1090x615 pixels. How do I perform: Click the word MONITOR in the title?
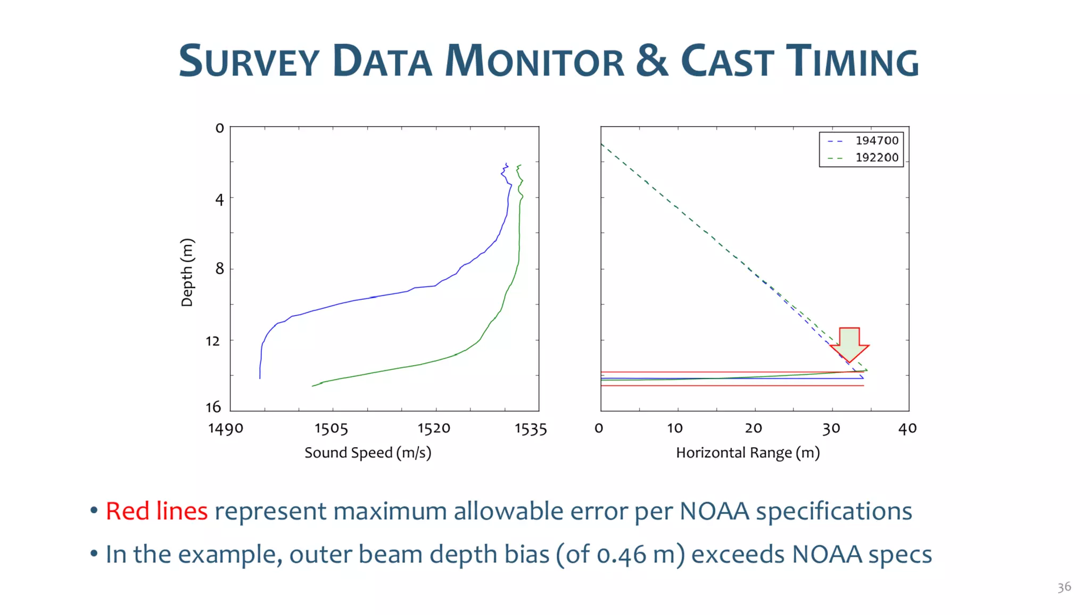(x=534, y=61)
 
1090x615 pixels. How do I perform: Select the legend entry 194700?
(x=877, y=141)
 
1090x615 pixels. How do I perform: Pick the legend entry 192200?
(x=877, y=158)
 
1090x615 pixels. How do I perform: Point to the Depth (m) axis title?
(x=187, y=272)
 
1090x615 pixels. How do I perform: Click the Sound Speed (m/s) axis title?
(x=368, y=453)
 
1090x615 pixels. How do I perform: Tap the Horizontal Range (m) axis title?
(x=748, y=453)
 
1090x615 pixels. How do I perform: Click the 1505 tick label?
(x=331, y=429)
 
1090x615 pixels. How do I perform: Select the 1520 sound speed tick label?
(x=434, y=429)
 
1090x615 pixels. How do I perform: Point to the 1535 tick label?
(x=531, y=429)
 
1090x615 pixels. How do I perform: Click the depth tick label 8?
(x=220, y=268)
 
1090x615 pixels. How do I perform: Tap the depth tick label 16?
(x=213, y=407)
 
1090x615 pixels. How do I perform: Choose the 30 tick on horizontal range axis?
(x=831, y=429)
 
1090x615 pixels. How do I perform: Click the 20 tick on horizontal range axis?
(x=753, y=429)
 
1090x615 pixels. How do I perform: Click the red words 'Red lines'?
(x=156, y=511)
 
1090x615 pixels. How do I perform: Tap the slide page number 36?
(x=1064, y=587)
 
